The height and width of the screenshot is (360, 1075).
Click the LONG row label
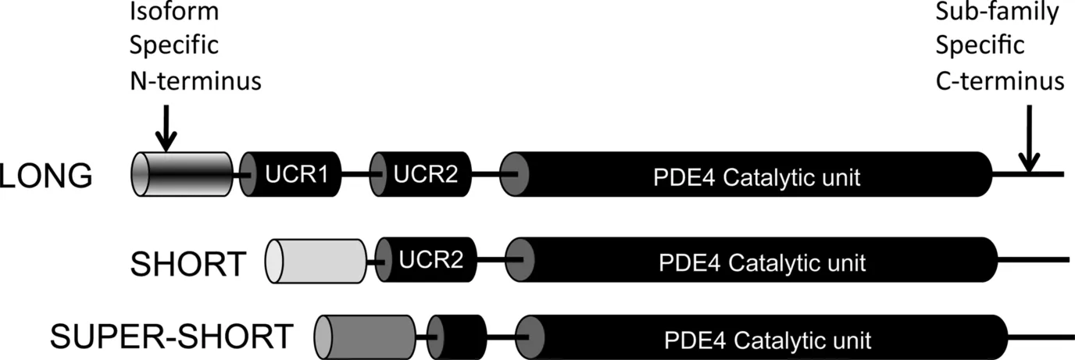(46, 177)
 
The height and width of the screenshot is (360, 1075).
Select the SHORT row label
(188, 263)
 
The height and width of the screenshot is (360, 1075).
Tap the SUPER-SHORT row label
(171, 337)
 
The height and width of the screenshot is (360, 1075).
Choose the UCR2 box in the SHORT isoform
(429, 262)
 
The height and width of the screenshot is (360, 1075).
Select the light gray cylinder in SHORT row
(316, 262)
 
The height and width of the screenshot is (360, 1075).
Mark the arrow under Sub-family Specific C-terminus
(1029, 141)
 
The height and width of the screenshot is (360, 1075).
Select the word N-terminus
(195, 79)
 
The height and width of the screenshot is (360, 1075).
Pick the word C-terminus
(999, 79)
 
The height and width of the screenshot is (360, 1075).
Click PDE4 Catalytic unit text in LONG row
(755, 178)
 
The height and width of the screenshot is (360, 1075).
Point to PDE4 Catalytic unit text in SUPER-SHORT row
(767, 340)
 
